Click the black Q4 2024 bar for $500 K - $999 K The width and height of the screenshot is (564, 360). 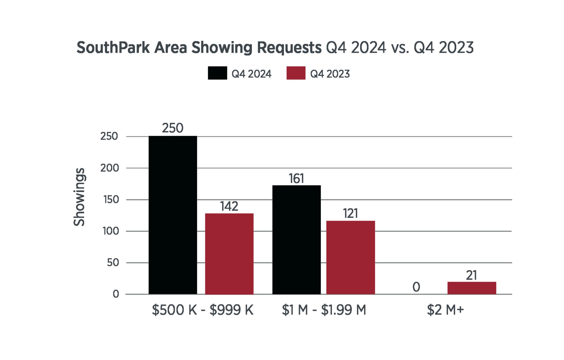[173, 215]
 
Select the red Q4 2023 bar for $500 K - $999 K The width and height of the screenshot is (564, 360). [229, 254]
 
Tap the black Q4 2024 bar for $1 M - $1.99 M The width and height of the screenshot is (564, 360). [296, 240]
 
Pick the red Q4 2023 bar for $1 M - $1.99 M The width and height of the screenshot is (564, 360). [351, 257]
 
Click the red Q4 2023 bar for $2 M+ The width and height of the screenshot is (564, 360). [472, 288]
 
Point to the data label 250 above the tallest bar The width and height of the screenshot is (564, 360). [173, 128]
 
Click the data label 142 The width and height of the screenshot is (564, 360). [229, 206]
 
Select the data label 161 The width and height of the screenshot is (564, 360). [296, 179]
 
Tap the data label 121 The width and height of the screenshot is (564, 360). [351, 214]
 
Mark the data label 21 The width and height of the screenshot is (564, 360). [471, 275]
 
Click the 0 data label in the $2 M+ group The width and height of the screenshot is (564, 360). [416, 287]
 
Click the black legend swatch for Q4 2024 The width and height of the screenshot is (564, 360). [217, 73]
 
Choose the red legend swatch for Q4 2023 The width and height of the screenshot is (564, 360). [296, 73]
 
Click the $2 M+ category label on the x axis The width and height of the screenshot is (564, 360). [445, 310]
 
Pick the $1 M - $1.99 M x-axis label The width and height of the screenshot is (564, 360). [324, 310]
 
